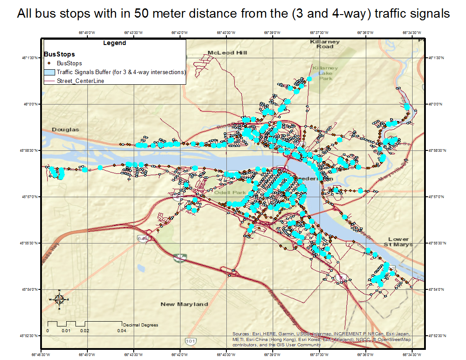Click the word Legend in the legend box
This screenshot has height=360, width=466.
(x=114, y=43)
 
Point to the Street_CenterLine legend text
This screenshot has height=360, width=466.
(x=80, y=81)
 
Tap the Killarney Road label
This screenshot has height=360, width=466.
(x=325, y=44)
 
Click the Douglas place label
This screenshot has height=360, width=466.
(x=65, y=130)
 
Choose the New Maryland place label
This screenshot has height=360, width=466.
(x=184, y=304)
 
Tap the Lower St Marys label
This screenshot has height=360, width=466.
(x=398, y=242)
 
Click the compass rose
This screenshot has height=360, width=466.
(x=59, y=299)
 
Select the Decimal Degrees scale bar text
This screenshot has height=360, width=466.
(x=140, y=325)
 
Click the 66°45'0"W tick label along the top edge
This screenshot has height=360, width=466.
(x=87, y=32)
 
